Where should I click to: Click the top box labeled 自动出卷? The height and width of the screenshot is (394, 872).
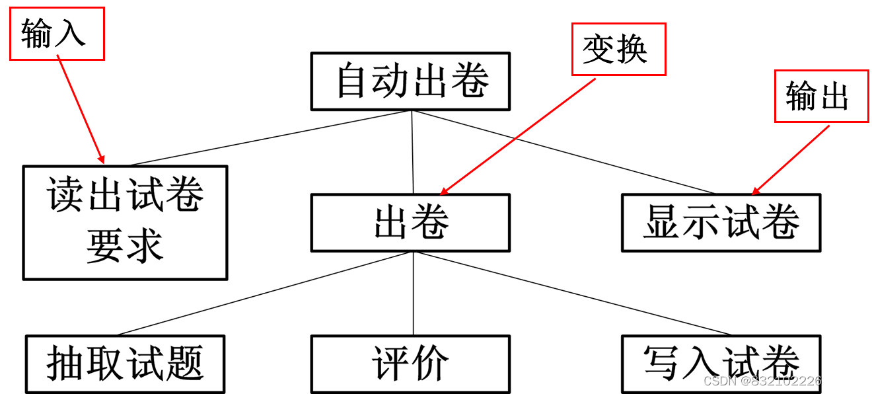(x=410, y=81)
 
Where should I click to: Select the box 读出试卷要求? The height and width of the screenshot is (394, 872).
(x=125, y=222)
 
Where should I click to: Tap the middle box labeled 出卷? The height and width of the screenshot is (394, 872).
(x=410, y=223)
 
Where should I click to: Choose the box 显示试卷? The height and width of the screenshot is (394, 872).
(x=721, y=223)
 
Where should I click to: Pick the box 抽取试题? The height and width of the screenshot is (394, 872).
(x=125, y=364)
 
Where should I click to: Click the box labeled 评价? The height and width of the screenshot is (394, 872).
(x=410, y=364)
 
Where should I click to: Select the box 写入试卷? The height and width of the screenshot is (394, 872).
(x=721, y=364)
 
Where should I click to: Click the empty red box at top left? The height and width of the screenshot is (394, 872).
(x=57, y=34)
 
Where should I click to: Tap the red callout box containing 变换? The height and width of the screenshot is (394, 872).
(x=618, y=50)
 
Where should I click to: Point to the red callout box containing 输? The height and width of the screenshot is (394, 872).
(x=821, y=97)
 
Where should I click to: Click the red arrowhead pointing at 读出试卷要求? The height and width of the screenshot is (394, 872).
(x=102, y=159)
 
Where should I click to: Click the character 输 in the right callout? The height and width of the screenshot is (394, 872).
(x=801, y=97)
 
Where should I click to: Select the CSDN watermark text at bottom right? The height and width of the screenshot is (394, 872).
(x=782, y=381)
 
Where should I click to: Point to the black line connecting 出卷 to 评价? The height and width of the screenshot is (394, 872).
(x=414, y=294)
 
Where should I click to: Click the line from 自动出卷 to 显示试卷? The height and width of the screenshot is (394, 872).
(x=562, y=151)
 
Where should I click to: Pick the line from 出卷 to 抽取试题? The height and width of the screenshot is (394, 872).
(x=264, y=294)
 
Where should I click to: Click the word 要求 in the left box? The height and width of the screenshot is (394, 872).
(x=125, y=247)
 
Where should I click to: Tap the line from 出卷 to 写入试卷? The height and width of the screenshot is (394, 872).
(x=571, y=294)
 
